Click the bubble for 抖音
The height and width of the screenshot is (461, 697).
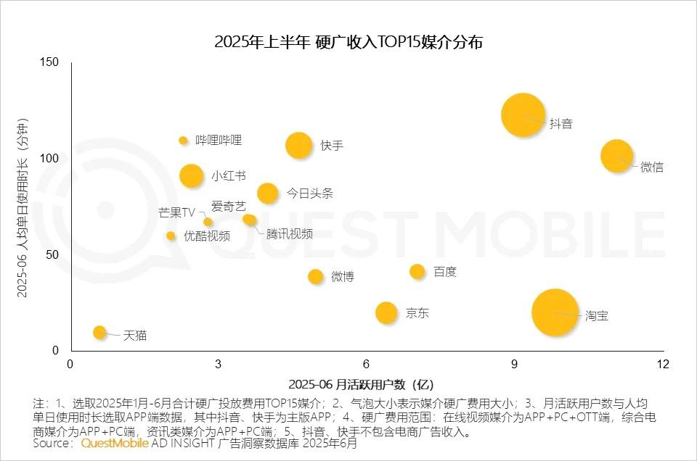pos(523,115)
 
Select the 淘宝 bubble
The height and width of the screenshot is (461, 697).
pos(555,312)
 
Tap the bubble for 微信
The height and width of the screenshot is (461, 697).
pos(616,156)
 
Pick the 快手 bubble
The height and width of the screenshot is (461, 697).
pos(298,145)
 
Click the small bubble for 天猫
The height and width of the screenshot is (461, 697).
pos(100,332)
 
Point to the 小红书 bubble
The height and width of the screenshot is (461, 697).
pos(191,175)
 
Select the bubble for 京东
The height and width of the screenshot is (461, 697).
pos(386,312)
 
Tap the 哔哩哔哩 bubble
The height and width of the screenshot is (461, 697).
pos(183,141)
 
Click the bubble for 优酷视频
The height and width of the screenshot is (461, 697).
pos(171,236)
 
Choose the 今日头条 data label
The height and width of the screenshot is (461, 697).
pos(309,194)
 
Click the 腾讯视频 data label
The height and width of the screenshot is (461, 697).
pos(290,233)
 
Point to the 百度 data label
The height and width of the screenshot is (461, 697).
pos(445,272)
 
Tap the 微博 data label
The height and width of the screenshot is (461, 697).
pos(343,276)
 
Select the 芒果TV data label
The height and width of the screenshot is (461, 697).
pos(177,212)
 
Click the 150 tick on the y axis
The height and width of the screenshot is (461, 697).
pos(49,62)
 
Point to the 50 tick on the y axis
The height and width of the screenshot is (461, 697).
pos(52,254)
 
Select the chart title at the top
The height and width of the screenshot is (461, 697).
pos(348,42)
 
